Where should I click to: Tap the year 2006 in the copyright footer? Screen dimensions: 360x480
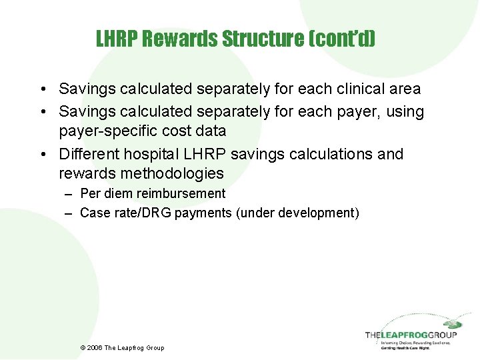[x=95, y=347]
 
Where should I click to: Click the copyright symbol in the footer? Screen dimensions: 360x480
[x=82, y=347]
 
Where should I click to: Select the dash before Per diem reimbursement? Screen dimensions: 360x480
[x=69, y=194]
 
